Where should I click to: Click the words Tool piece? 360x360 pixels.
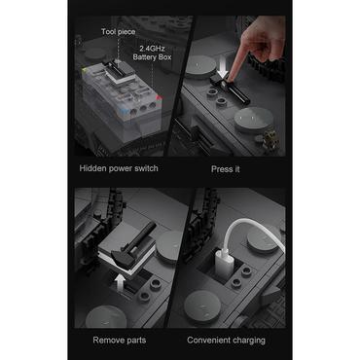(x=118, y=32)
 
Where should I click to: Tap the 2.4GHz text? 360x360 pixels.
(x=152, y=49)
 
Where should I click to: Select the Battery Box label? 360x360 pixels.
(x=152, y=57)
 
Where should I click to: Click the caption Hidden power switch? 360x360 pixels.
(x=119, y=168)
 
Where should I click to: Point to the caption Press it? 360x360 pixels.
(x=226, y=169)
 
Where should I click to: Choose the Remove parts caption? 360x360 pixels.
(x=120, y=340)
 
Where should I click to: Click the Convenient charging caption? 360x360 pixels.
(x=226, y=341)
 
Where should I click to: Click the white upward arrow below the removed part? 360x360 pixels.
(x=121, y=282)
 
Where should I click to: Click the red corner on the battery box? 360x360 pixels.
(x=159, y=97)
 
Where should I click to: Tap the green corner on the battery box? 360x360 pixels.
(x=85, y=70)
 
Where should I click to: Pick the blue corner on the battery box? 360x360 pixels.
(x=123, y=111)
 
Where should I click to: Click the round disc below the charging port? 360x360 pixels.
(x=202, y=307)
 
